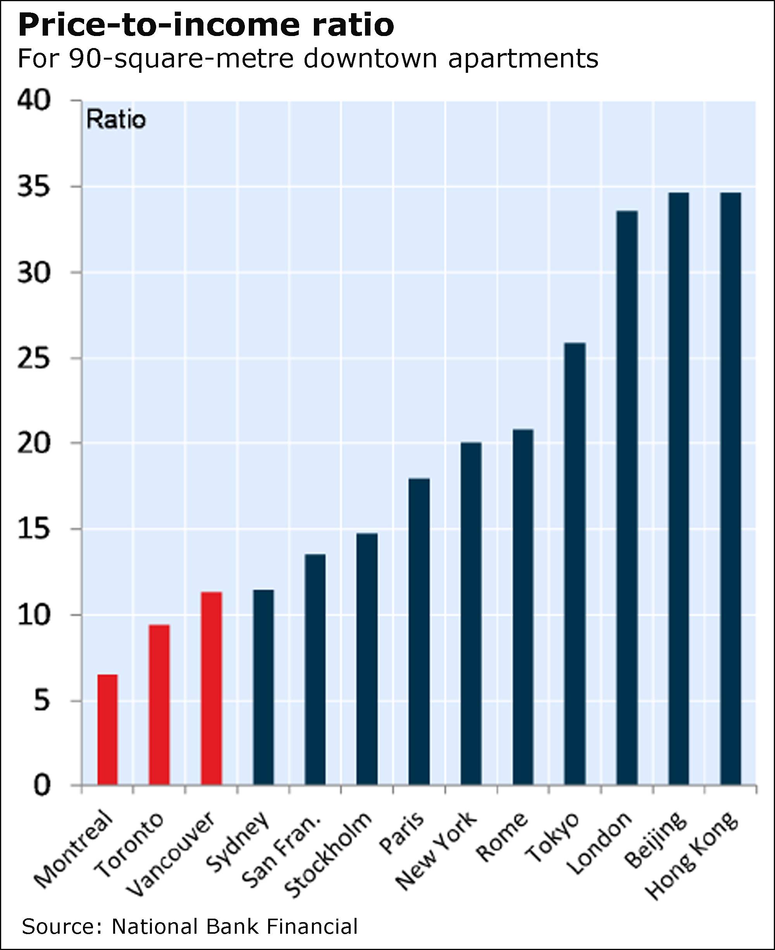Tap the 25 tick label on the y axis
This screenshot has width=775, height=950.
33,358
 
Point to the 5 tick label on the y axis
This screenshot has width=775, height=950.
41,701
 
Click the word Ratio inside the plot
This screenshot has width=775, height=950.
116,120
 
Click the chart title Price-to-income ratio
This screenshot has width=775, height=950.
206,26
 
